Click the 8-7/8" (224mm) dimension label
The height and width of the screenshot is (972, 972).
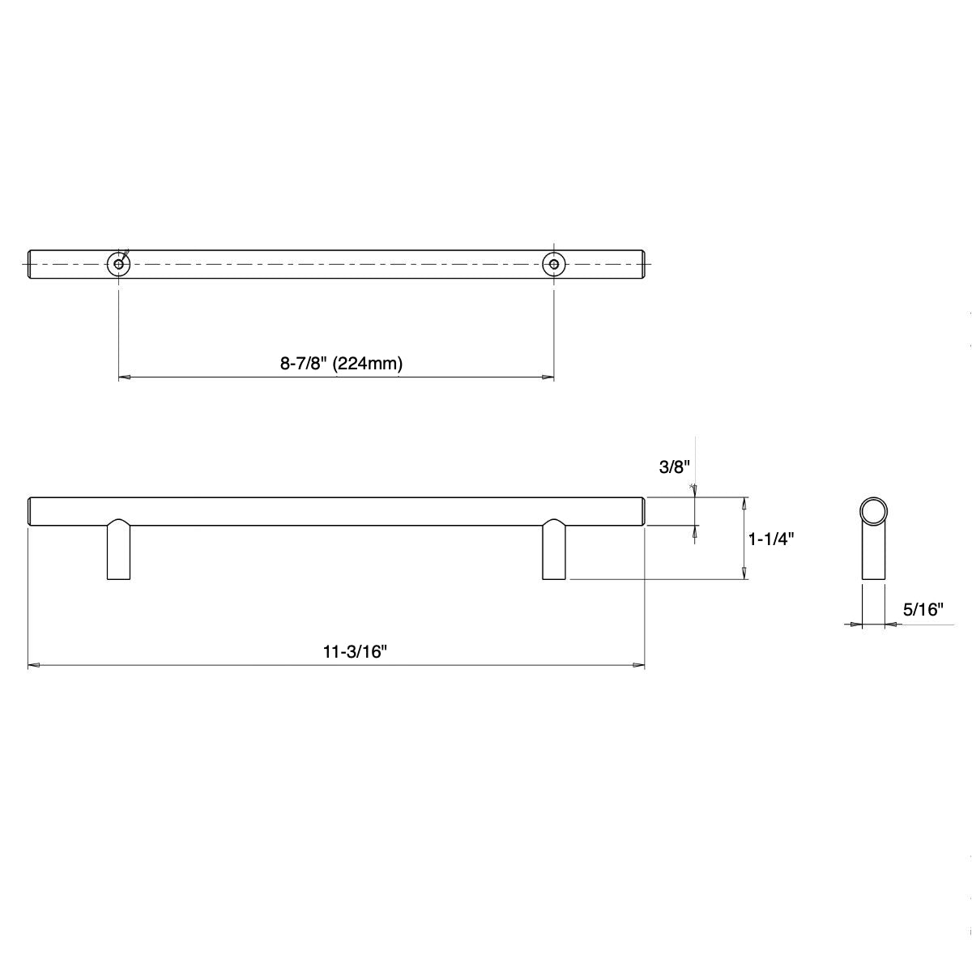pos(341,364)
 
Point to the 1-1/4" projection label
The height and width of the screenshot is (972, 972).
pos(770,539)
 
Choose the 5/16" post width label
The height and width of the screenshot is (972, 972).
pos(923,610)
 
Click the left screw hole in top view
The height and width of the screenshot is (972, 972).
pos(119,264)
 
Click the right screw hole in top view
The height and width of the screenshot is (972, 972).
pos(554,264)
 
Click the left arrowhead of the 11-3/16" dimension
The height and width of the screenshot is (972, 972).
pos(34,666)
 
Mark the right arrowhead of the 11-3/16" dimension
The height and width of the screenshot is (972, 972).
pos(639,666)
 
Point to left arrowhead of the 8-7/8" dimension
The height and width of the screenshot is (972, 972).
pos(125,377)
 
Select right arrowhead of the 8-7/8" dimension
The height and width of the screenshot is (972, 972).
pos(548,377)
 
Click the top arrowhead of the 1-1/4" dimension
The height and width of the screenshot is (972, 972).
pos(744,501)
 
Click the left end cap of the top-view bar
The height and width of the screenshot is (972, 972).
pos(31,264)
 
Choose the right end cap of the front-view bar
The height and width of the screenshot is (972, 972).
pos(642,511)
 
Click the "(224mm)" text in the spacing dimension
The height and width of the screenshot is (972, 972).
pos(369,364)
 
